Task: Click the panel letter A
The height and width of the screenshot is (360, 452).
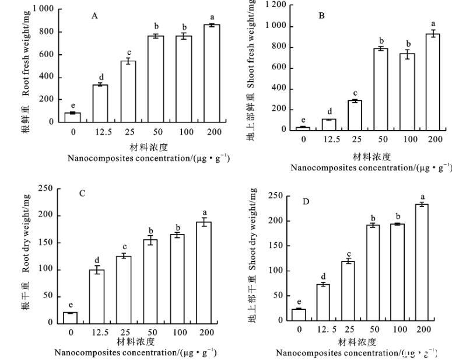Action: (94, 16)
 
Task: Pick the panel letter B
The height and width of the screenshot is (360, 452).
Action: (321, 16)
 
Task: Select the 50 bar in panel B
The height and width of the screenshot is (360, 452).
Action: (381, 89)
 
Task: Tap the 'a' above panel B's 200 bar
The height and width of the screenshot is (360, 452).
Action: (433, 25)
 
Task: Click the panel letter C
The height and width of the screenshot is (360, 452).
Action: (82, 193)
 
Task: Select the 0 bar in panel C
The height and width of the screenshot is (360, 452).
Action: (71, 317)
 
